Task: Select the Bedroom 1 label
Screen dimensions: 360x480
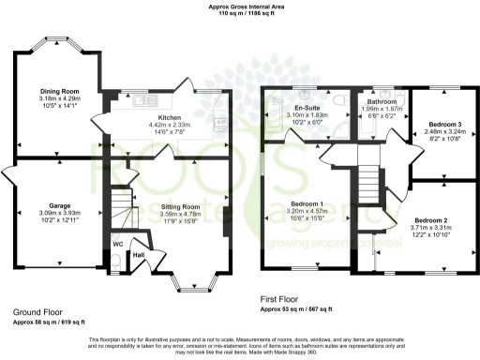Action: tap(307, 204)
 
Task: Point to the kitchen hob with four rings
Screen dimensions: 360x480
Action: tap(220, 123)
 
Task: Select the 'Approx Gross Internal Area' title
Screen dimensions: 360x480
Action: tap(239, 7)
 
